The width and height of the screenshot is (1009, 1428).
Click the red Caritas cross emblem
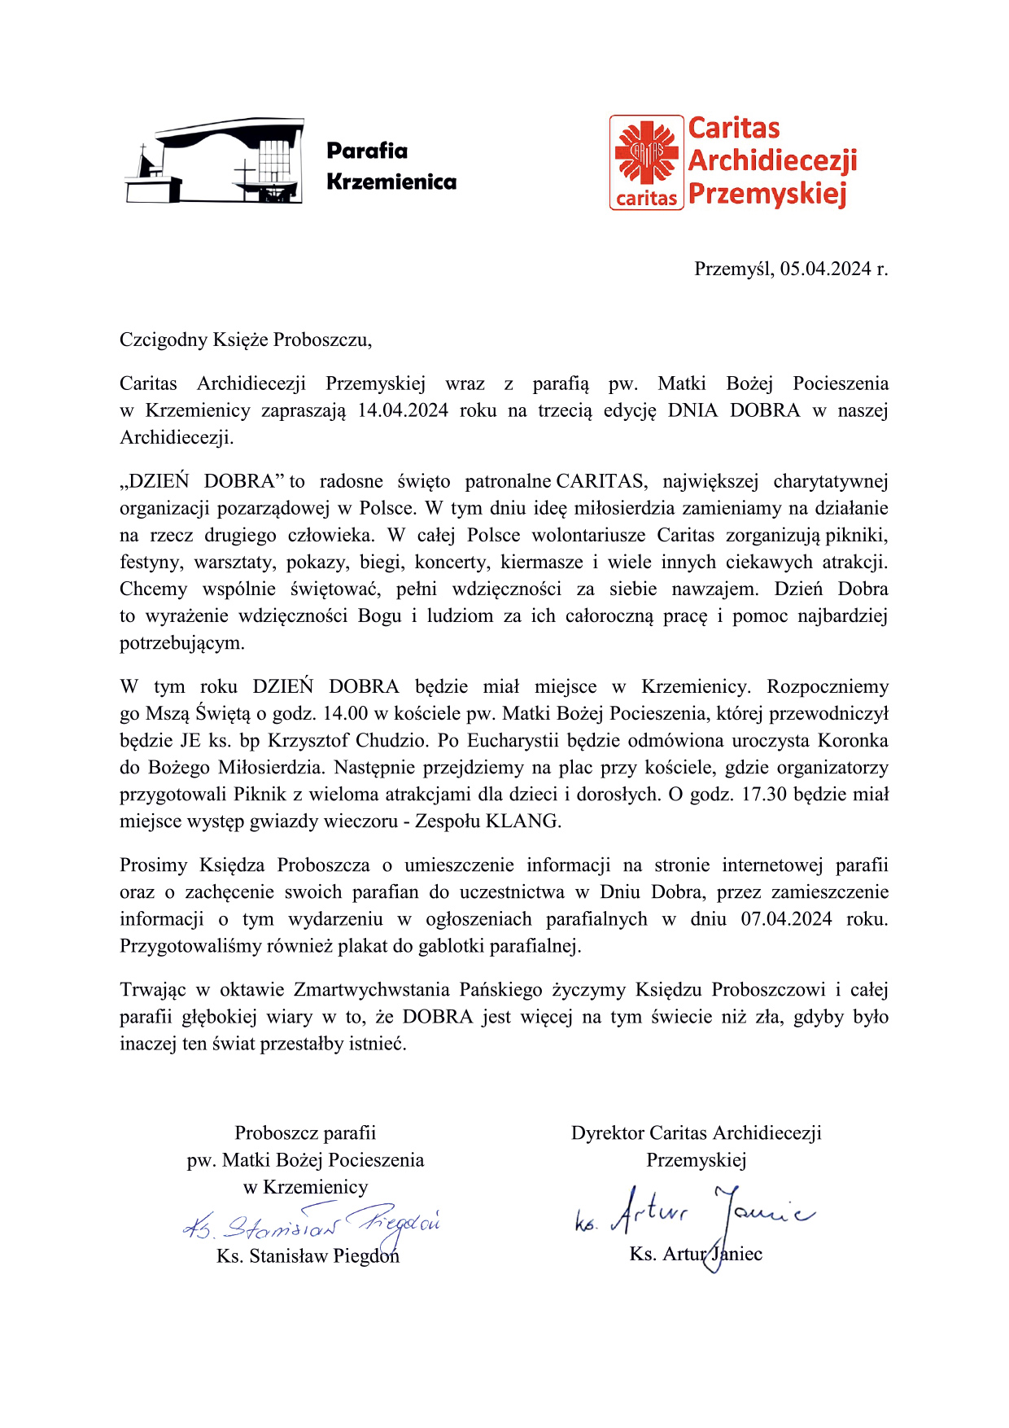coord(646,152)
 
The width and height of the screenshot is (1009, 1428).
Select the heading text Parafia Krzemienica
coord(391,166)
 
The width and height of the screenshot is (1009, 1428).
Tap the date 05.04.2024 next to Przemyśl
coord(826,269)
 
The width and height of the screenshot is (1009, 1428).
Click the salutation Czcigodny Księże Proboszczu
coord(246,340)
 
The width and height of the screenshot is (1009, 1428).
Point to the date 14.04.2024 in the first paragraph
coord(403,410)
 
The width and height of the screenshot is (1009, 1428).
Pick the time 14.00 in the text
coord(346,714)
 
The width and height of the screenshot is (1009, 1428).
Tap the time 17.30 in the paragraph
coord(764,795)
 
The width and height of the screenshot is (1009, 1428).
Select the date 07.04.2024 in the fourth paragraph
coord(786,919)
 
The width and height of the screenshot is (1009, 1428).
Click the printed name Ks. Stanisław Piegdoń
coord(308,1256)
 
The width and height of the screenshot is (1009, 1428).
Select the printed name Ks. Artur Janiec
coord(696,1255)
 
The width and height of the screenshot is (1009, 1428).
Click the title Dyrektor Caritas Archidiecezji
coord(696,1133)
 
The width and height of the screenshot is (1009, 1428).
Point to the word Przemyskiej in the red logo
coord(767,195)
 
